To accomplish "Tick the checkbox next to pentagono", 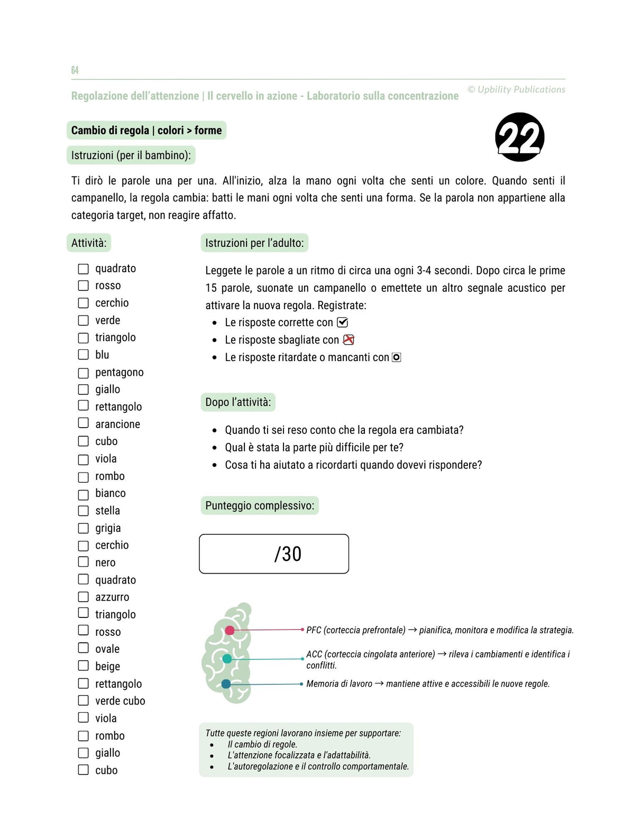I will point(84,373).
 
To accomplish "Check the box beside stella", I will point(84,511).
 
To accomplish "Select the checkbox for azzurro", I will point(84,597).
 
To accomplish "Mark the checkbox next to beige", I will point(84,666).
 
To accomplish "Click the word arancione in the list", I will point(117,424).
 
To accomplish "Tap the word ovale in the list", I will point(107,649).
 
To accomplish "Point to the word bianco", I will point(111,493).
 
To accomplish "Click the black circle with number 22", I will point(519,137).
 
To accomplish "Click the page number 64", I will point(75,70).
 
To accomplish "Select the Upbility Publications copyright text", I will point(516,90).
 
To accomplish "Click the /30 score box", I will point(274,554).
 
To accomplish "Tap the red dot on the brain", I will point(230,630).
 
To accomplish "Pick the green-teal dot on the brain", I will point(227,659).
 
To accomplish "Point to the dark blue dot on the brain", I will point(226,684).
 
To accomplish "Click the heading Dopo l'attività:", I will point(238,402).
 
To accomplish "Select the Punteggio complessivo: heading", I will point(260,506).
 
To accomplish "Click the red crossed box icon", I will point(348,340).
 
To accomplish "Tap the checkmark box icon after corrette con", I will point(343,322).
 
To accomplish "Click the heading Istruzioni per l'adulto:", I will point(254,243).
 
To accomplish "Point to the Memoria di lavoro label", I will point(339,684).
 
